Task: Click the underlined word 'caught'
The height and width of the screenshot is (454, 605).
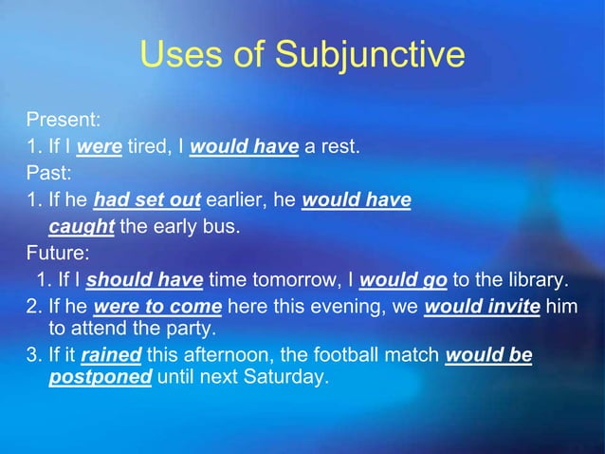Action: tap(81, 226)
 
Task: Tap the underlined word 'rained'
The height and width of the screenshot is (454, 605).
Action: tap(111, 356)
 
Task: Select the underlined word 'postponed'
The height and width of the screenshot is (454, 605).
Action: tap(101, 377)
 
